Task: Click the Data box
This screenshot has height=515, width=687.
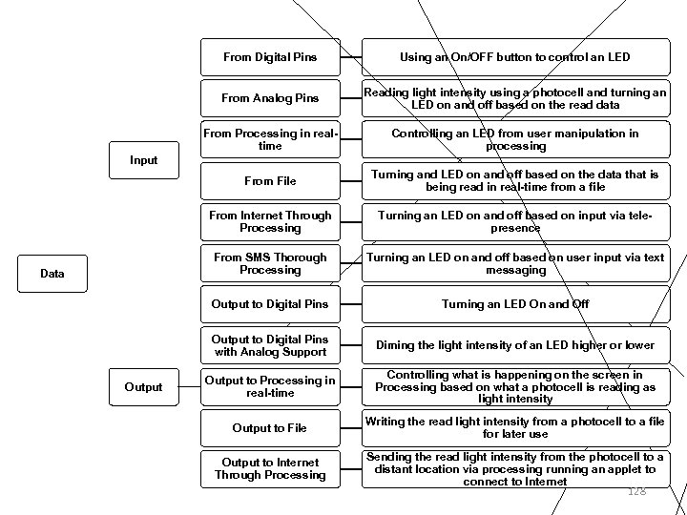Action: coord(52,274)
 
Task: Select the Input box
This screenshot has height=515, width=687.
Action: coord(144,160)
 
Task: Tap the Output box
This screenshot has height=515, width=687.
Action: coord(144,387)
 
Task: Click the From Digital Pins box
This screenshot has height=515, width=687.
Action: coord(270,57)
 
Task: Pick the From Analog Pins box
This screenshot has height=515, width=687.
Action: coord(270,98)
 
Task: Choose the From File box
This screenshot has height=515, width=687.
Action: coord(270,181)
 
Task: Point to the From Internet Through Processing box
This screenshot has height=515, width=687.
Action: coord(270,222)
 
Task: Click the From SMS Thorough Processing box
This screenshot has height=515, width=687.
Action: coord(270,263)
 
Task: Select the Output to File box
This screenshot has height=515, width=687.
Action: coord(270,428)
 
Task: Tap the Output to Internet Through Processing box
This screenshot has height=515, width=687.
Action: coord(270,469)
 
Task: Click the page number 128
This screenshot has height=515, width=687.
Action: coord(637,491)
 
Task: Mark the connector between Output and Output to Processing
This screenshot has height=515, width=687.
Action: coord(190,387)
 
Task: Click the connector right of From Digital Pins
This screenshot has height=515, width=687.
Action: coord(351,57)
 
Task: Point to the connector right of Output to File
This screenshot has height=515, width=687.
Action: coord(351,428)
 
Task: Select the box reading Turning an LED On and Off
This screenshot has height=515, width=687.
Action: coord(516,304)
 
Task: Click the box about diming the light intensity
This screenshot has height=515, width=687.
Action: coord(516,345)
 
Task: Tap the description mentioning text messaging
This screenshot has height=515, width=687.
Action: coord(516,263)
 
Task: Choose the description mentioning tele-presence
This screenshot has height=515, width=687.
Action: coord(516,222)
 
